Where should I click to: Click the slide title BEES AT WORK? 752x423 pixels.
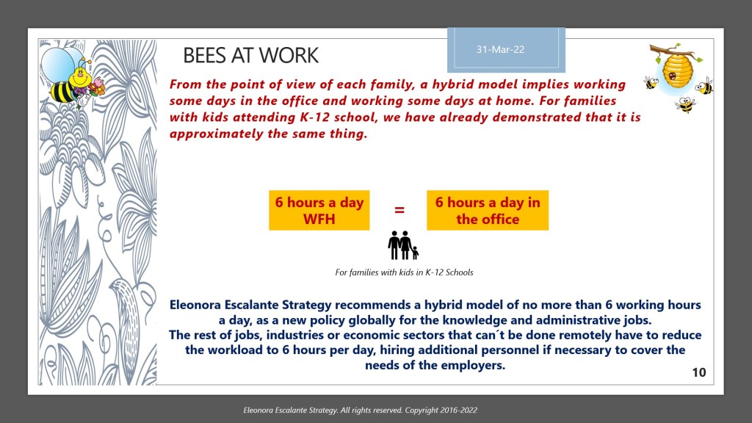point(250,55)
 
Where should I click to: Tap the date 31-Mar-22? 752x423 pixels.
point(501,50)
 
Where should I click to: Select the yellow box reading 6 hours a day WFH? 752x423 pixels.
point(319,210)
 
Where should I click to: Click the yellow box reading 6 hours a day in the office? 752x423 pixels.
point(487,210)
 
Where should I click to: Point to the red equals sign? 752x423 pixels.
point(399,210)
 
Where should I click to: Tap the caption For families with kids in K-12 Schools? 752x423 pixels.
point(404,272)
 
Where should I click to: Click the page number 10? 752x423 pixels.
point(698,373)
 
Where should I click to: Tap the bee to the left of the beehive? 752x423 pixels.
point(651,83)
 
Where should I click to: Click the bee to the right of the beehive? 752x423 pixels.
point(705,87)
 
